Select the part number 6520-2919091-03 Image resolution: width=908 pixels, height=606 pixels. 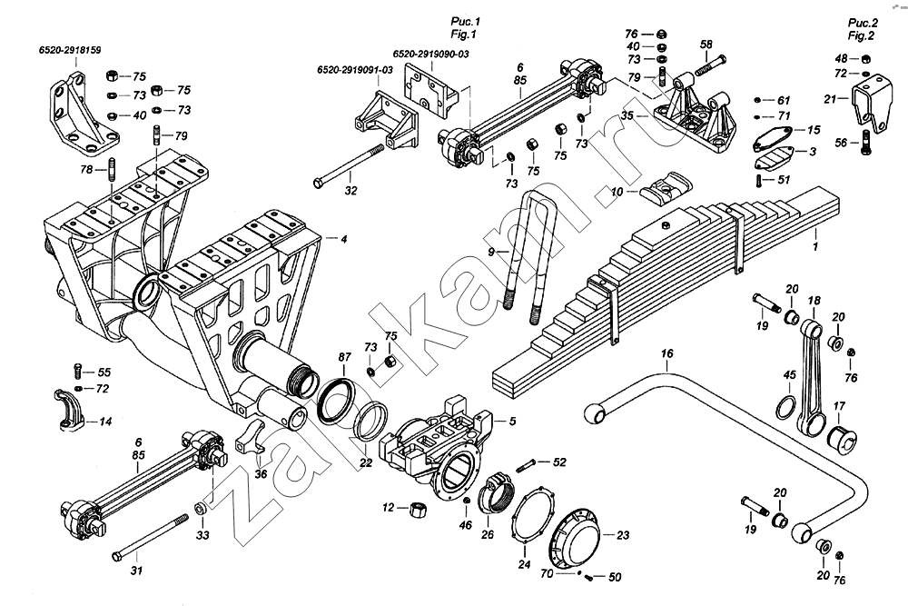coord(355,70)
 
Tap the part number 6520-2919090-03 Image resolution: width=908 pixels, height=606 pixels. coord(431,55)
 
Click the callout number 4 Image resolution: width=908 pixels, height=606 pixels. coord(344,239)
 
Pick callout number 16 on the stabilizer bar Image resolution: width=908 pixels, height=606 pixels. coord(667,353)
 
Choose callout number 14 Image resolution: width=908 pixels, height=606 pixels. coord(105,422)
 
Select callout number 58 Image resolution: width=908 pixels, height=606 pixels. coord(706,44)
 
